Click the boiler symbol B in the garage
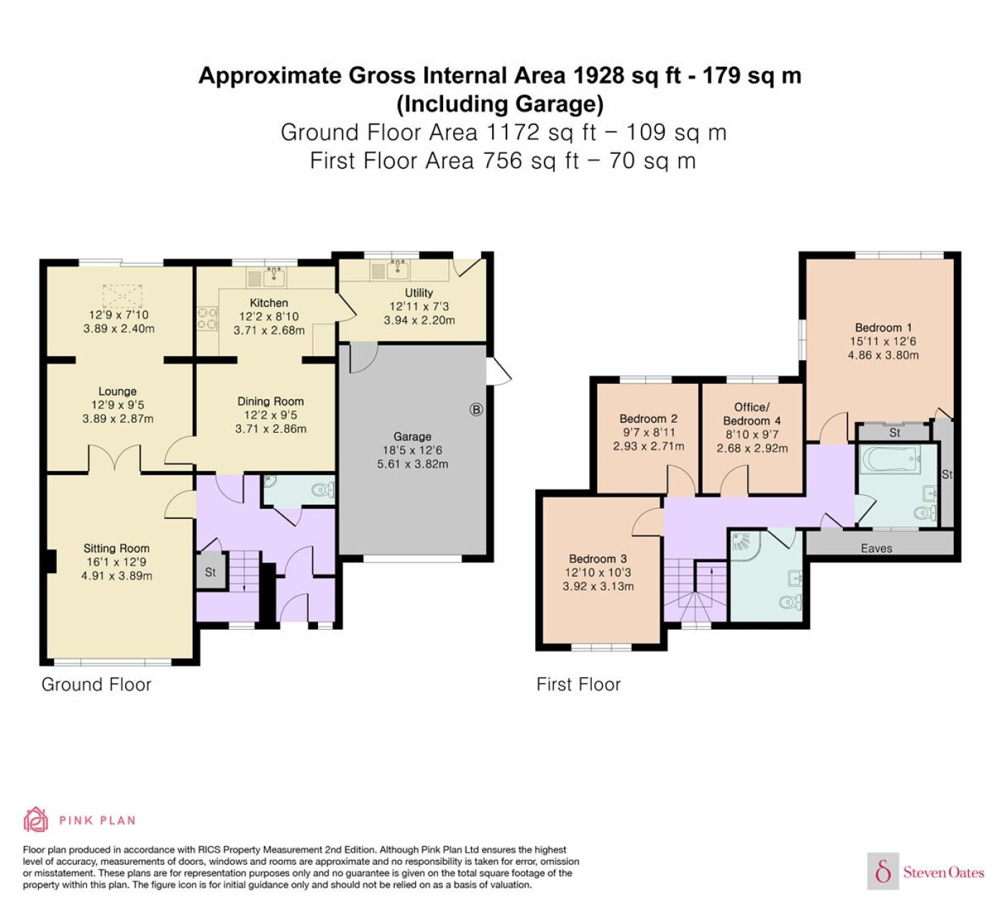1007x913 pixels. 476,410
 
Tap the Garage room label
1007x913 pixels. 412,436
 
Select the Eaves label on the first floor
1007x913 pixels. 877,549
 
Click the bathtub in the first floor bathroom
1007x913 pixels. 890,460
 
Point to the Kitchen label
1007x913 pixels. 269,303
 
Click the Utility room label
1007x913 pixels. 419,293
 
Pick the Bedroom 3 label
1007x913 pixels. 598,559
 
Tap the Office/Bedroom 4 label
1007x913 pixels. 752,413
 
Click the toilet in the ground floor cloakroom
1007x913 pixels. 323,490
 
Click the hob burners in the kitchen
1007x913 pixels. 207,318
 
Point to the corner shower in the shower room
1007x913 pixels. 745,546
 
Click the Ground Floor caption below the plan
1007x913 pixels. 96,684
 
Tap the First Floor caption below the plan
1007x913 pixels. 578,684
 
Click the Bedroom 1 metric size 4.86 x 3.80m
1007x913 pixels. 883,355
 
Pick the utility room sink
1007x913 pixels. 398,270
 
